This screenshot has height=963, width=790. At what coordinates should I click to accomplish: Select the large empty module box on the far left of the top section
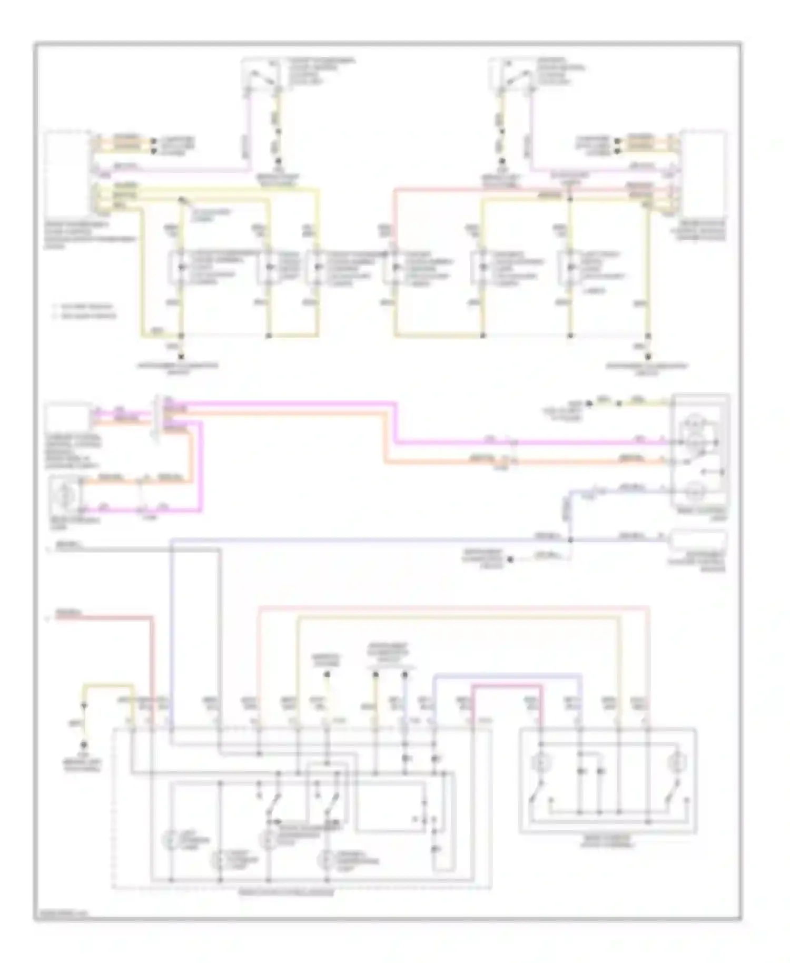(67, 171)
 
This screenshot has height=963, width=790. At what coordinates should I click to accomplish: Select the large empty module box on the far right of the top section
(704, 171)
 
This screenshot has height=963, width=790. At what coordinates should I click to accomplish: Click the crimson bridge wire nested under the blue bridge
(506, 686)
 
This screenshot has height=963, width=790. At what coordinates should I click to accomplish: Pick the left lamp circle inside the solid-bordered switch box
(540, 762)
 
